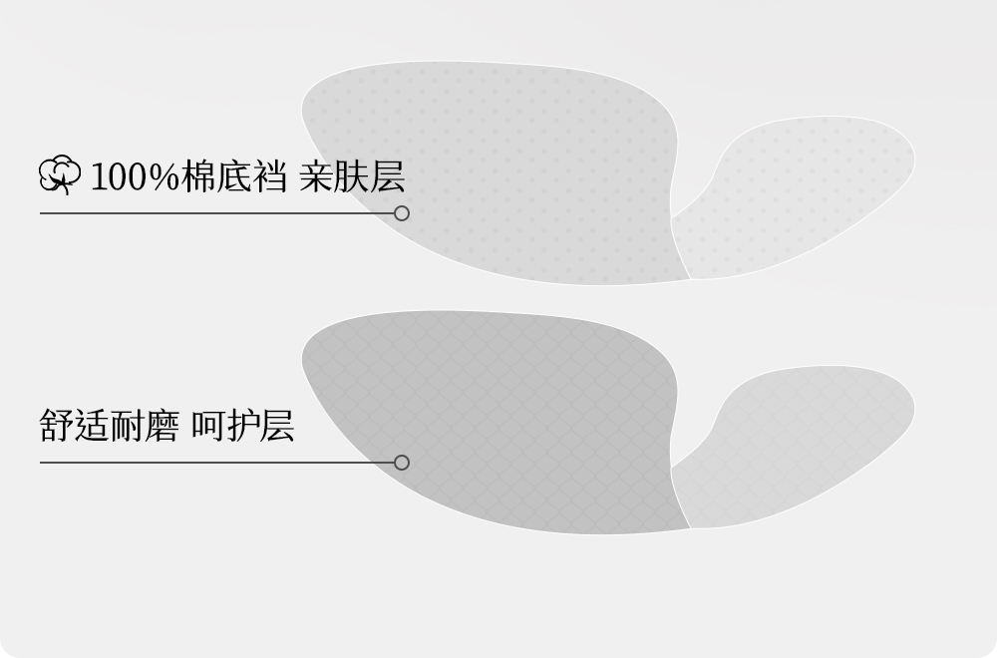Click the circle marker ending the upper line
[x=402, y=213]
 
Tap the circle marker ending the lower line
[x=402, y=463]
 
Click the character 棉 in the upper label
[x=199, y=176]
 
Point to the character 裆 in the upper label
[x=270, y=176]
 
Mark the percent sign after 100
[x=166, y=176]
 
